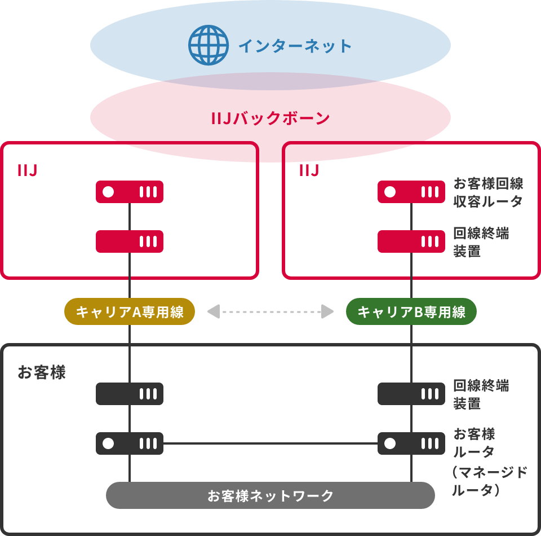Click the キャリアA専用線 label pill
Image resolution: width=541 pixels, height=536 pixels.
point(130,312)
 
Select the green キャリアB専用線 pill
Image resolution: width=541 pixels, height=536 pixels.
point(411,312)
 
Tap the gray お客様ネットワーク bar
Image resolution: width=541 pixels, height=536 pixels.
point(270,496)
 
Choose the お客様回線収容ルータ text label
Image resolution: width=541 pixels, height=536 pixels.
point(488,192)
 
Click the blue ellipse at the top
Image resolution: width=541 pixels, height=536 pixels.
point(270,39)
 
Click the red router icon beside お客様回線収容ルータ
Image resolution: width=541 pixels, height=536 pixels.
point(411,192)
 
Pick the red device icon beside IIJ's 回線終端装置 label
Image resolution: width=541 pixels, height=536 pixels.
point(411,241)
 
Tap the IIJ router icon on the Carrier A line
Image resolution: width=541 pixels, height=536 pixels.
point(130,192)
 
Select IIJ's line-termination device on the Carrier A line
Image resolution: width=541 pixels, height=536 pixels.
point(130,241)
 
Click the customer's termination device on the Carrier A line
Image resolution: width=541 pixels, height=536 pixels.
point(130,394)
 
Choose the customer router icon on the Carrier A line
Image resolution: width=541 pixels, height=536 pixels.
point(130,443)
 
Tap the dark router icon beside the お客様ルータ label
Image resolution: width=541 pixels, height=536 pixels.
point(411,443)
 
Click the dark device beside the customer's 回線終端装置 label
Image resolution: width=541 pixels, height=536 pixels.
point(411,394)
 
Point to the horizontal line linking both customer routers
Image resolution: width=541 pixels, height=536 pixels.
point(270,443)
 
